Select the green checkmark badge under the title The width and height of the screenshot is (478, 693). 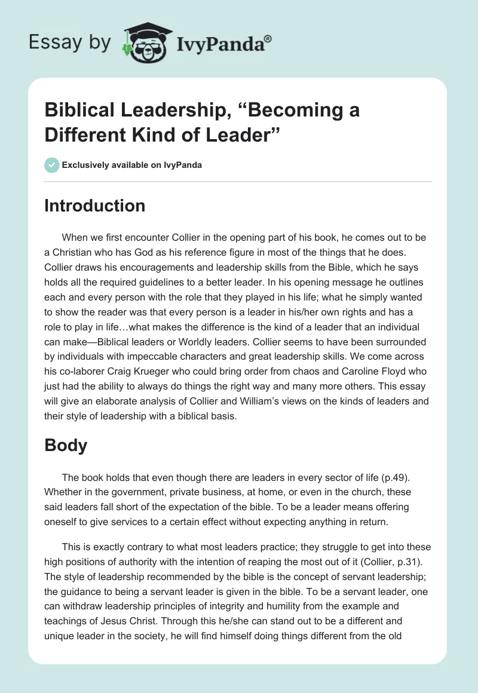(x=51, y=165)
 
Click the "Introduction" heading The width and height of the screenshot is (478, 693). (x=95, y=206)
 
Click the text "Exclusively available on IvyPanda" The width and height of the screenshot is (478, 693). (x=131, y=165)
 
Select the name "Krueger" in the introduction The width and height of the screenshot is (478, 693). (x=174, y=370)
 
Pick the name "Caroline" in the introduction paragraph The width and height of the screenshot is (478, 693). (x=359, y=370)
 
